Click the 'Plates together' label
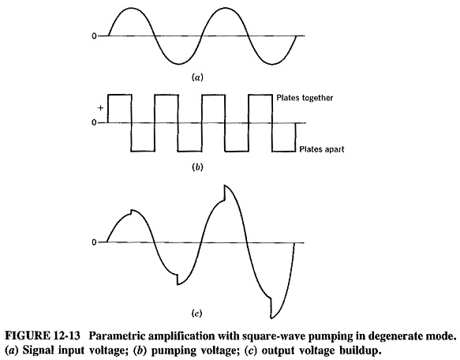coord(305,98)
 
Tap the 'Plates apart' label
coord(322,149)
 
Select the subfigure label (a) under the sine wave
coord(197,77)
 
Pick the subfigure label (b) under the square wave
coord(197,167)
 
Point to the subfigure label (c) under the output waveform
coord(196,313)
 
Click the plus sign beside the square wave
coord(100,108)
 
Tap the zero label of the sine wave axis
coord(94,36)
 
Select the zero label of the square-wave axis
coord(94,122)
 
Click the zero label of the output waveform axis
coord(94,242)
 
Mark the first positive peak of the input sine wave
coord(132,8)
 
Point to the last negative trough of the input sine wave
coord(272,64)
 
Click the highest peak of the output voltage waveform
coord(225,186)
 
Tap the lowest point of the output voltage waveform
coord(271,318)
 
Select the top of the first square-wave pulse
coord(120,95)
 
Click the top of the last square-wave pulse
coord(260,95)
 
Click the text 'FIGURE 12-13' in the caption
coord(43,336)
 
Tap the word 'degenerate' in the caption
coord(389,336)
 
